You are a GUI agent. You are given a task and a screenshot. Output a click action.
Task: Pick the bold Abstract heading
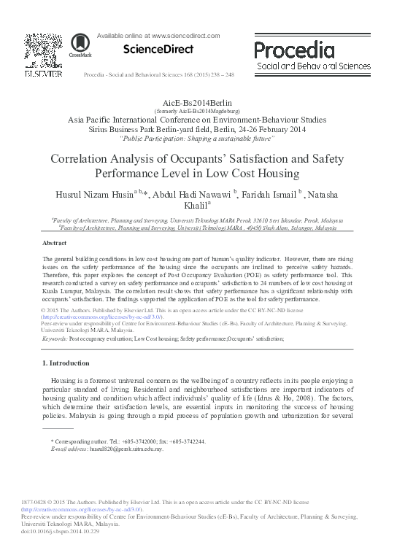tap(55, 242)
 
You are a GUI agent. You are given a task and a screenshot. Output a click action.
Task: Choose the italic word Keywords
tap(55, 339)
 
